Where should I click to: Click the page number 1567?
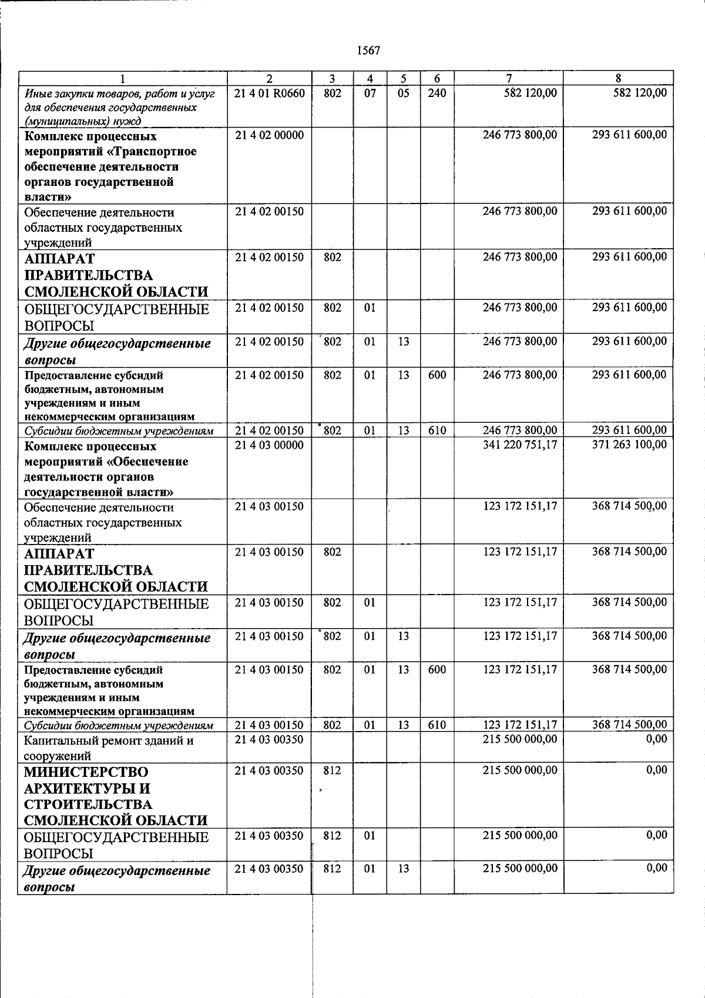[369, 51]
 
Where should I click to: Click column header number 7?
[509, 78]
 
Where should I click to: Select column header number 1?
[122, 78]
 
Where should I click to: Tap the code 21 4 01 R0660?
[269, 93]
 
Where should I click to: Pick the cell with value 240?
[437, 93]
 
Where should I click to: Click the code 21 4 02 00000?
[269, 135]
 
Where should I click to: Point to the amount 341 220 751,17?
[519, 445]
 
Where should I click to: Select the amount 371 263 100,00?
[629, 445]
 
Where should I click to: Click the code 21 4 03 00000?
[269, 445]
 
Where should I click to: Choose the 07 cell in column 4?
[370, 93]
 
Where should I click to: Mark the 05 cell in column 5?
[403, 93]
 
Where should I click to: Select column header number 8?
[618, 78]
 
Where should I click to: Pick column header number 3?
[332, 78]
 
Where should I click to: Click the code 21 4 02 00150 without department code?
[269, 211]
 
